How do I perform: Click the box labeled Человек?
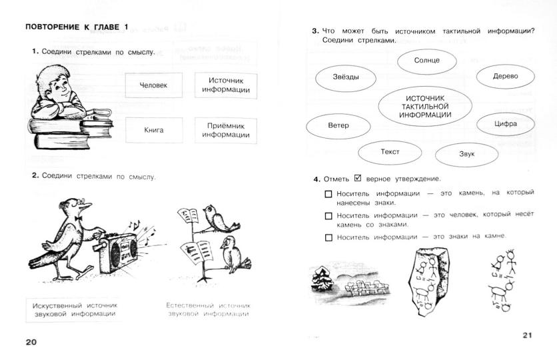click(x=153, y=85)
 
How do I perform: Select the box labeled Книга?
click(x=153, y=130)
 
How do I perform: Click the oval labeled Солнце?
click(x=426, y=61)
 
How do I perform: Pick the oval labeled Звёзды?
click(x=346, y=77)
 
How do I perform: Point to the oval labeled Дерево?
click(x=505, y=76)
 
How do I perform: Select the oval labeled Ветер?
click(x=338, y=125)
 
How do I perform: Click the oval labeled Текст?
click(x=390, y=152)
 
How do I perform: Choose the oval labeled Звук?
click(x=466, y=155)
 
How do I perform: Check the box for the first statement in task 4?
click(x=328, y=195)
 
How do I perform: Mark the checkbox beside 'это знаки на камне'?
click(x=328, y=237)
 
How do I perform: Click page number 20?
click(x=31, y=342)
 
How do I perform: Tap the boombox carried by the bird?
click(x=119, y=252)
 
